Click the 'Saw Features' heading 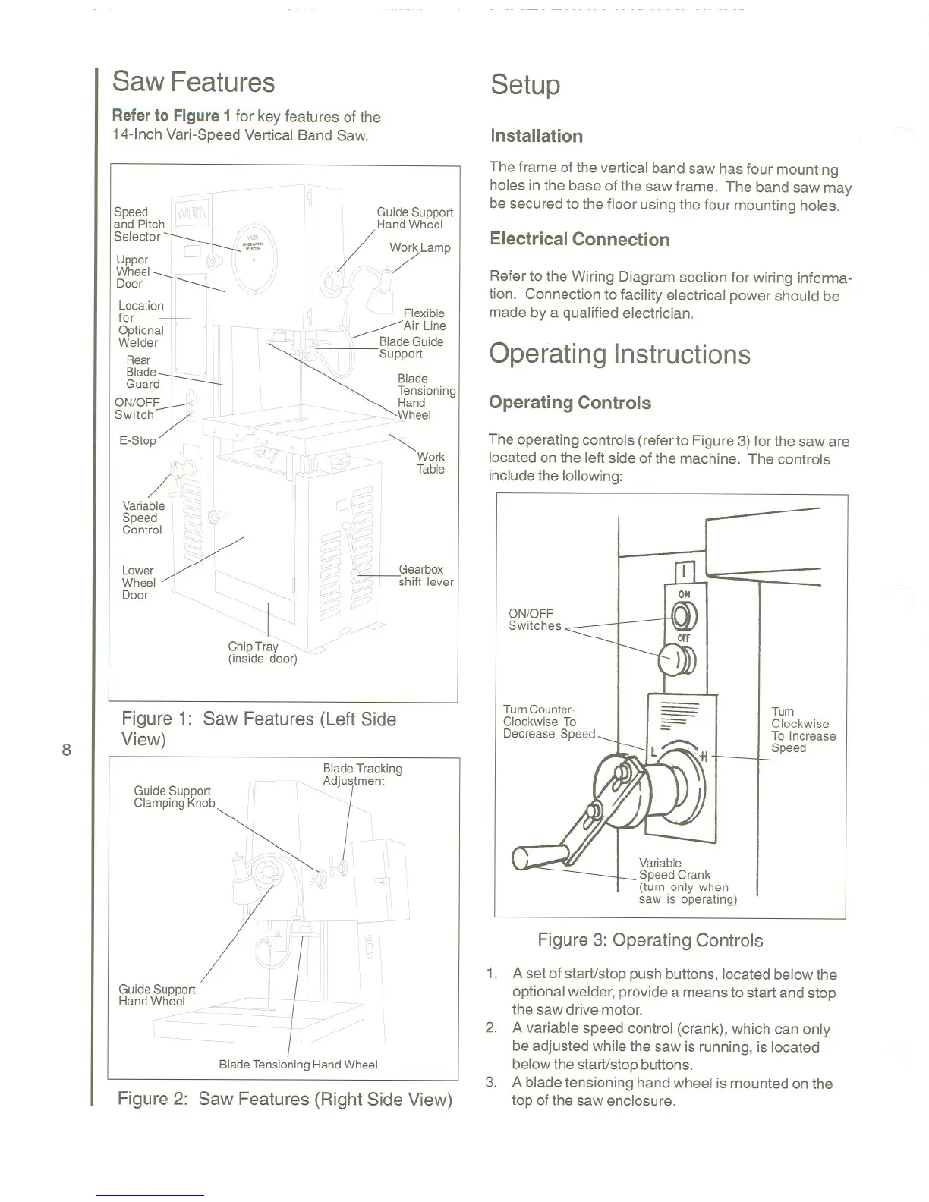click(193, 82)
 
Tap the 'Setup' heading click(525, 84)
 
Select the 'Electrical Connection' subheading click(580, 240)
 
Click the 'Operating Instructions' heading click(619, 354)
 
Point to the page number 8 click(66, 750)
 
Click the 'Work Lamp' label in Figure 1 click(420, 248)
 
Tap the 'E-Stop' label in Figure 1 click(137, 440)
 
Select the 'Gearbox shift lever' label click(426, 576)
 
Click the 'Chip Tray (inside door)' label click(263, 653)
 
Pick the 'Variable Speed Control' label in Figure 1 click(143, 518)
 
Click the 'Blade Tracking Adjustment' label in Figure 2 click(362, 775)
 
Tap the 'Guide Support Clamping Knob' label click(174, 797)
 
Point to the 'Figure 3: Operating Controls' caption click(650, 940)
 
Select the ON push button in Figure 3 click(681, 614)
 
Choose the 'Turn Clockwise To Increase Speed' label click(803, 730)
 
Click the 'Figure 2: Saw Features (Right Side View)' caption click(285, 1100)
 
